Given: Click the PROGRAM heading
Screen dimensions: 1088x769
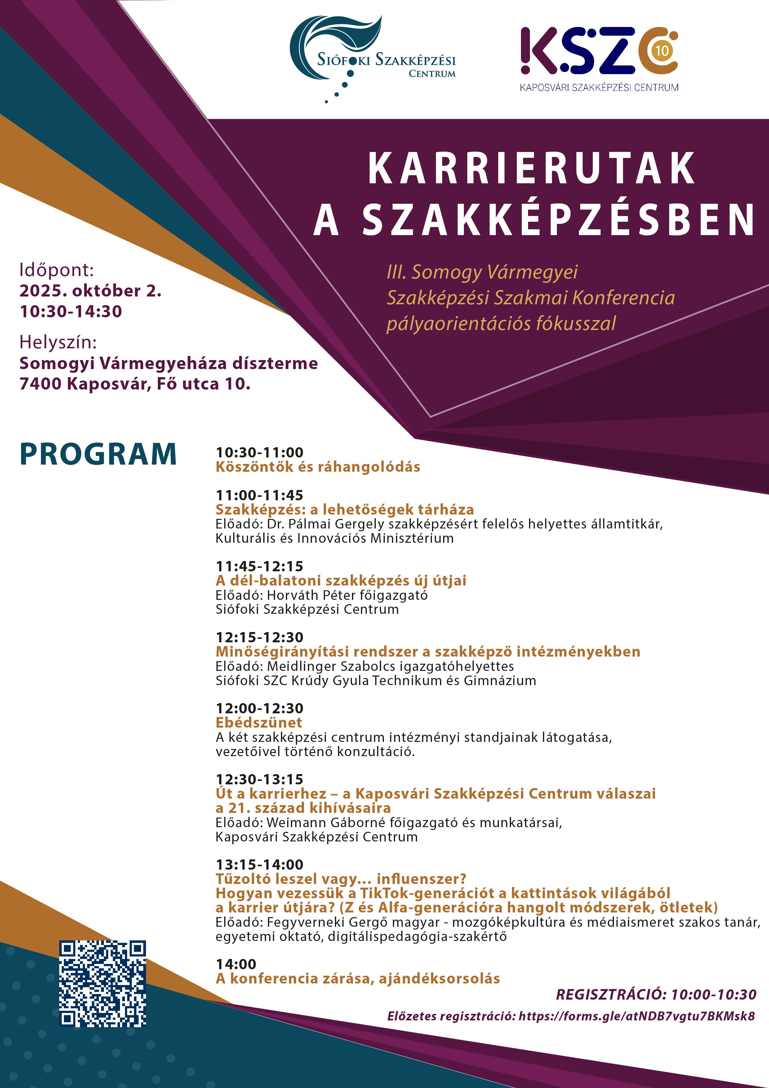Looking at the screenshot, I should point(98,454).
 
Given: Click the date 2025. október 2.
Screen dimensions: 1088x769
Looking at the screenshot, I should point(90,291).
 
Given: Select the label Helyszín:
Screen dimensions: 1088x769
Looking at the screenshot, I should point(58,342).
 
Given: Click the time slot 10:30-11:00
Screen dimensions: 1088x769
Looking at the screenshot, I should point(259,452).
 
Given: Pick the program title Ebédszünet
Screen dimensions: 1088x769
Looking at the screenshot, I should point(259,723).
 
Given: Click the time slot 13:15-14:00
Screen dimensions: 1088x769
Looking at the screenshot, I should point(259,864).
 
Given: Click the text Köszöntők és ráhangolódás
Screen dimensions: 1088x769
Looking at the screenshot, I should point(318,467).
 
